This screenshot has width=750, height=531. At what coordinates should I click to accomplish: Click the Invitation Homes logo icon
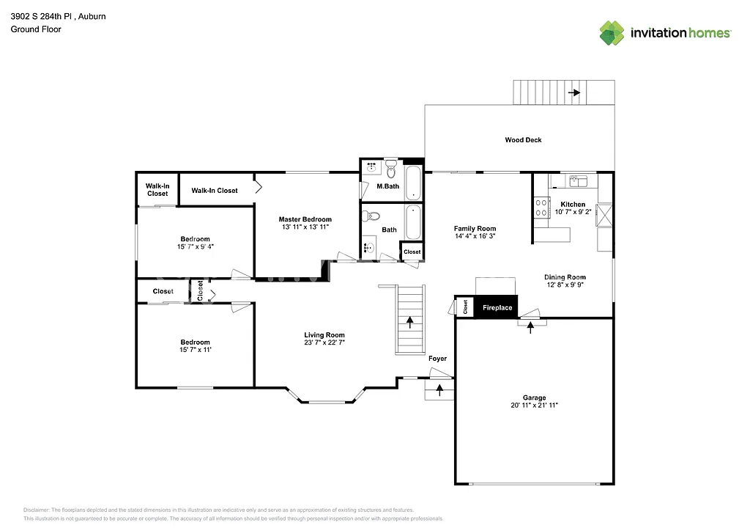pyautogui.click(x=613, y=32)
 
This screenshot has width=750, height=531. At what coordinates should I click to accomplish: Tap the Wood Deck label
pyautogui.click(x=523, y=139)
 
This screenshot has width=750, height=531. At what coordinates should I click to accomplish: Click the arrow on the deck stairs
pyautogui.click(x=573, y=92)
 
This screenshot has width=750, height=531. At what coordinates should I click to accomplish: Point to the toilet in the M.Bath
pyautogui.click(x=391, y=171)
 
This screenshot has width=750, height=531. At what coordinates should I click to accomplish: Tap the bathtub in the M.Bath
pyautogui.click(x=413, y=183)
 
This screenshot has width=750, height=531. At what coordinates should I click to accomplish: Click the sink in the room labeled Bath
pyautogui.click(x=368, y=248)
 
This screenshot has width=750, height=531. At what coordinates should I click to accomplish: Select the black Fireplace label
pyautogui.click(x=497, y=307)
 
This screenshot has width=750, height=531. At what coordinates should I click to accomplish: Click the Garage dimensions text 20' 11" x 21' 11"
pyautogui.click(x=535, y=405)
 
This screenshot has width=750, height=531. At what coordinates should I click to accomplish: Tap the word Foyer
pyautogui.click(x=437, y=359)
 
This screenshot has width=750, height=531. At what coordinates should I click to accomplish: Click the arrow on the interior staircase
pyautogui.click(x=409, y=321)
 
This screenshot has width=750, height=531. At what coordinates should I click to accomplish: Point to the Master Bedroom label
pyautogui.click(x=305, y=219)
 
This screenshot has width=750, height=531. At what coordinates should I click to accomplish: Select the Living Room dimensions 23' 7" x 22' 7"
pyautogui.click(x=324, y=343)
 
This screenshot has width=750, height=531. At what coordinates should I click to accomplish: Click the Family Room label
pyautogui.click(x=475, y=229)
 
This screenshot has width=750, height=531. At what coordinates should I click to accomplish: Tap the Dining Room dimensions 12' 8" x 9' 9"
pyautogui.click(x=564, y=285)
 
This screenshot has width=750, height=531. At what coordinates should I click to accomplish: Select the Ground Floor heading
pyautogui.click(x=36, y=29)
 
